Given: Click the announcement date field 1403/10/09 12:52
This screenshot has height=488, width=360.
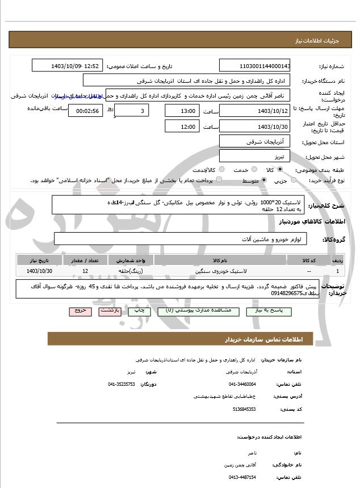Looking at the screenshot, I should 68,66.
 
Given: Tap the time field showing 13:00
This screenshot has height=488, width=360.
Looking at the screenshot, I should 182,111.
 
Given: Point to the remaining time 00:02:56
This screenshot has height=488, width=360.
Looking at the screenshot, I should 85,111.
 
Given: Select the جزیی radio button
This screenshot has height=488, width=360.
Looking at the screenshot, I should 294,180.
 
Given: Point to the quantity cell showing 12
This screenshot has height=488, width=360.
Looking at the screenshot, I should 85,272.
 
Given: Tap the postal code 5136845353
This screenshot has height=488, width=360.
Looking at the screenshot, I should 245,409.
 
